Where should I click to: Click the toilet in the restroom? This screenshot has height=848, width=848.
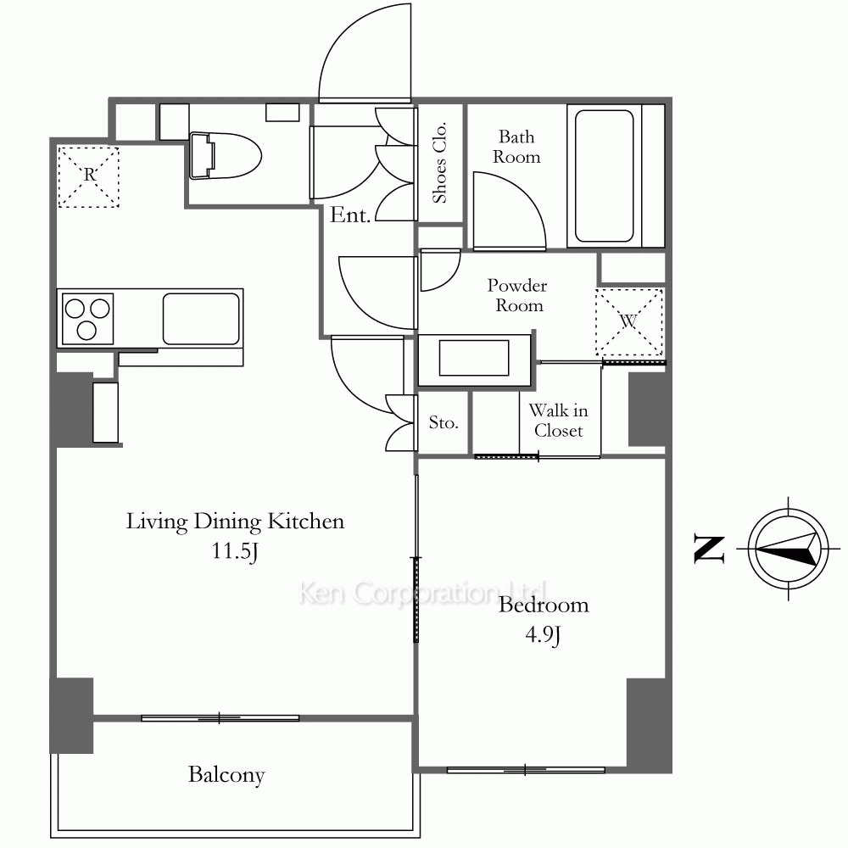point(226,156)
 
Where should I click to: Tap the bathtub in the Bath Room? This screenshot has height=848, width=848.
point(604,176)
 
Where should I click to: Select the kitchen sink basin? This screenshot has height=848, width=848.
point(201,319)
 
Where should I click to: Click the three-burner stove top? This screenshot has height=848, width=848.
point(87,319)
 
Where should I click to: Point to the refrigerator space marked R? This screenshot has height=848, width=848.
point(89,177)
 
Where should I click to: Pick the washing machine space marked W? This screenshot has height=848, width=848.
point(629,321)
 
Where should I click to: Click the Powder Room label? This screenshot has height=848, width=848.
point(517,295)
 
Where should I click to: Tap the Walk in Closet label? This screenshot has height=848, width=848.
point(558,421)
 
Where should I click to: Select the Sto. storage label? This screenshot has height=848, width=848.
point(444,422)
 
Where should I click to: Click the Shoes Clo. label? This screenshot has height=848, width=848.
point(439,162)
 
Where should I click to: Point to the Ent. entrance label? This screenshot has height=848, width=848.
point(350,215)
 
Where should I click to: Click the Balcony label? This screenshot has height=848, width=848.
point(226,775)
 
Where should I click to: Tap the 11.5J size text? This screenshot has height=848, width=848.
point(235,552)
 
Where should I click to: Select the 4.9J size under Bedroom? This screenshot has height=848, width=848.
point(543,634)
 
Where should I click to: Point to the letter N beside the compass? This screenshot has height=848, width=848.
point(709,549)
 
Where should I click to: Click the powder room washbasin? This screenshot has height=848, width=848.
point(474,358)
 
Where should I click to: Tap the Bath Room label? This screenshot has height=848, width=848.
point(516,147)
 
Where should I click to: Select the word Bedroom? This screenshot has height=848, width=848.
point(544,605)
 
